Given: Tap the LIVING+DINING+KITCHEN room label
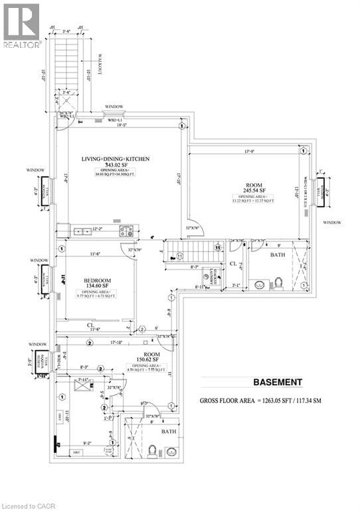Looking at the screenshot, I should (x=116, y=159).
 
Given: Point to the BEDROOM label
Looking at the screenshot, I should (x=96, y=280).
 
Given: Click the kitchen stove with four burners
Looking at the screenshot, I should (x=126, y=231).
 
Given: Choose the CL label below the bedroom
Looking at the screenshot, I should (x=90, y=325).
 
